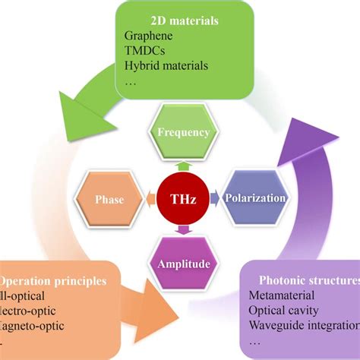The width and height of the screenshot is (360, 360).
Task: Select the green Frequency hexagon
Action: pyautogui.click(x=182, y=132)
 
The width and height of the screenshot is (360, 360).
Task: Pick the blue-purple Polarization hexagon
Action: pyautogui.click(x=255, y=199)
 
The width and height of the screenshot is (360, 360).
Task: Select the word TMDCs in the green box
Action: pyautogui.click(x=143, y=50)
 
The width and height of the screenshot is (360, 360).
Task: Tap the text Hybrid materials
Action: pyautogui.click(x=166, y=65)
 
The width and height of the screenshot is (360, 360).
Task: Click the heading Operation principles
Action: pyautogui.click(x=53, y=280)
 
